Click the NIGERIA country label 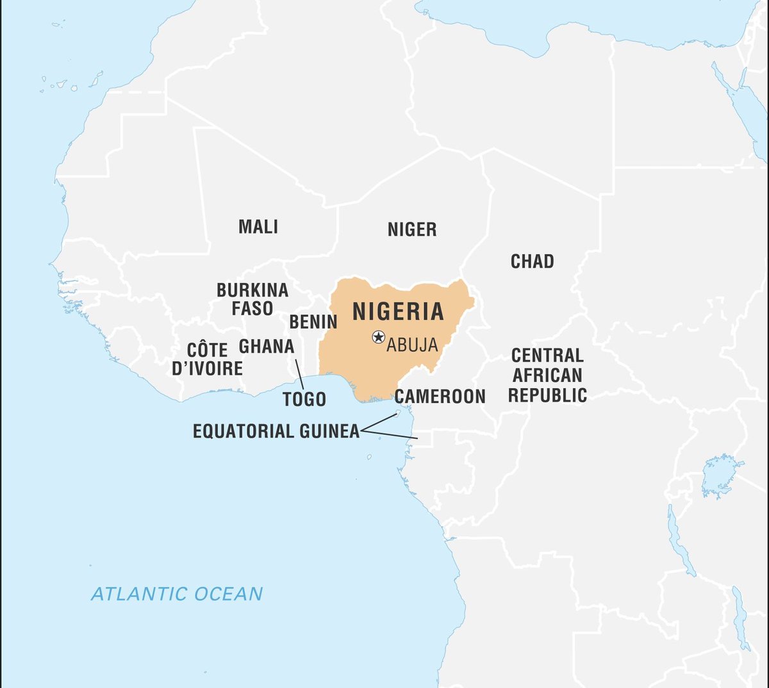[x=398, y=312]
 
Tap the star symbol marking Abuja [x=379, y=337]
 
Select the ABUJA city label [x=412, y=345]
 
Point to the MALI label [x=258, y=227]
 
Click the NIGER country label [x=412, y=229]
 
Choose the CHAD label [x=532, y=261]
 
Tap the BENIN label [x=313, y=322]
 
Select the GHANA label [x=267, y=347]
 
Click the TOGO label [x=304, y=400]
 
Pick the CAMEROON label [x=440, y=397]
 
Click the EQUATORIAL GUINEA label [x=276, y=431]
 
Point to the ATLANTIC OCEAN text [x=177, y=594]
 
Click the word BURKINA [x=252, y=290]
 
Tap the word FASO [x=252, y=309]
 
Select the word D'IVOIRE [x=207, y=368]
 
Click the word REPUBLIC [x=548, y=395]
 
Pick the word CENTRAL [x=548, y=356]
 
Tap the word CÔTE [x=207, y=350]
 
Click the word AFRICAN [x=548, y=375]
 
